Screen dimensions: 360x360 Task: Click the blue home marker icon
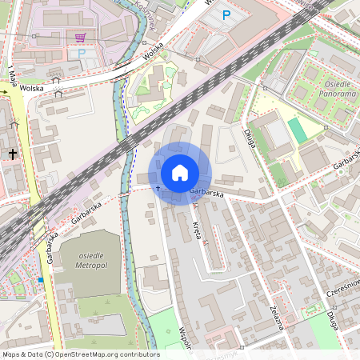[180, 172]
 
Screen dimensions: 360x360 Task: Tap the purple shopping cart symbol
[80, 37]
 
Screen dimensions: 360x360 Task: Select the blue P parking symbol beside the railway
[226, 15]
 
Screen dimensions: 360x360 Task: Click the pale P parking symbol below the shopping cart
[81, 54]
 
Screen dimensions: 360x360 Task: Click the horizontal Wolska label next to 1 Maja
[31, 88]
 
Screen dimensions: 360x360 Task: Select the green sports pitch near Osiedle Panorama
[297, 130]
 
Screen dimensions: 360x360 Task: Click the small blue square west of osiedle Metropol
[40, 280]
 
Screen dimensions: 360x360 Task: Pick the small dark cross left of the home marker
[158, 189]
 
